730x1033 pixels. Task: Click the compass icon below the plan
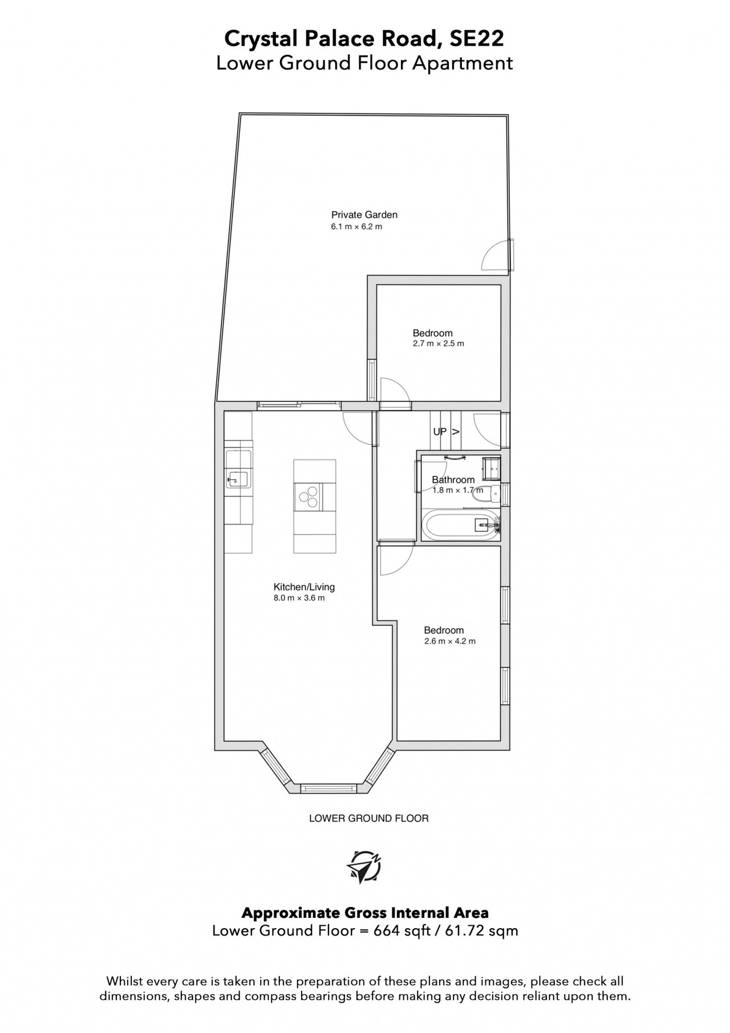tap(364, 867)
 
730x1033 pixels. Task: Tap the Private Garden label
tap(364, 215)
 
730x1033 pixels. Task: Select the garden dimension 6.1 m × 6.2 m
tap(356, 226)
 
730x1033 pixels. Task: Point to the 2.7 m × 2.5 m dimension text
tap(439, 344)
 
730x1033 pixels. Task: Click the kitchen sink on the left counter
tap(237, 469)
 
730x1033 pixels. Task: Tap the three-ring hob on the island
tap(309, 496)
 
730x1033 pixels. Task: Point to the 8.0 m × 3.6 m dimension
tap(299, 598)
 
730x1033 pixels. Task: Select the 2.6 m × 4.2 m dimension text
tap(449, 641)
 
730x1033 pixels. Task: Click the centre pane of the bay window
tap(328, 789)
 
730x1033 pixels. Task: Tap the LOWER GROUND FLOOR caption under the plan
tap(368, 818)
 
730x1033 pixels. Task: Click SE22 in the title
tap(477, 39)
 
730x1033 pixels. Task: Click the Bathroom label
tap(453, 479)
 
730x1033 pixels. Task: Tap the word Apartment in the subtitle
tap(463, 63)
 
